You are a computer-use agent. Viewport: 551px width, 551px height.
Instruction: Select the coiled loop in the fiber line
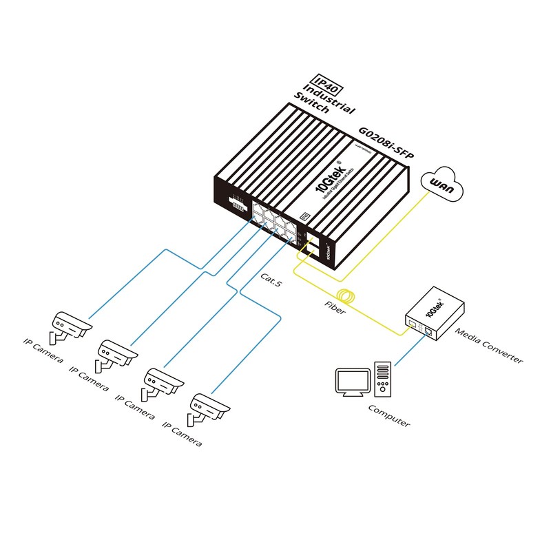coord(349,298)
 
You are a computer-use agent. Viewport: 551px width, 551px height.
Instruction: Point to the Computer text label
coord(389,417)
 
